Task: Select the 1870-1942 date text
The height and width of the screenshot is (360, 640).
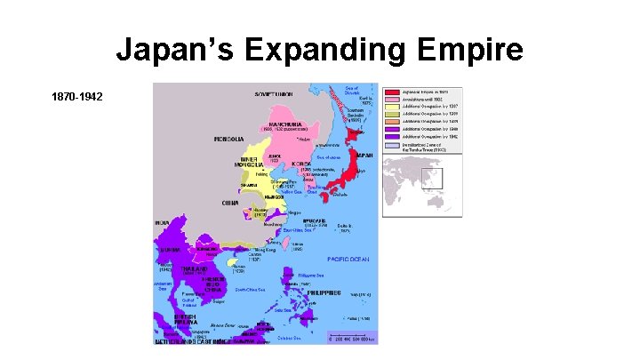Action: pyautogui.click(x=77, y=94)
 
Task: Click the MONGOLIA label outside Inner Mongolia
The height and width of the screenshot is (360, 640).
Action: pyautogui.click(x=229, y=140)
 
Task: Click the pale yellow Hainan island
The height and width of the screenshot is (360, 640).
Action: pyautogui.click(x=233, y=265)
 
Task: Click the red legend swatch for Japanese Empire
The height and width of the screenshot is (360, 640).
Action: pyautogui.click(x=391, y=92)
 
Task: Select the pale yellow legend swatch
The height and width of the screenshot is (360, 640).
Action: pyautogui.click(x=391, y=108)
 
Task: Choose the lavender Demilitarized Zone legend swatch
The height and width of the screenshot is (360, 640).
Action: pyautogui.click(x=391, y=148)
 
